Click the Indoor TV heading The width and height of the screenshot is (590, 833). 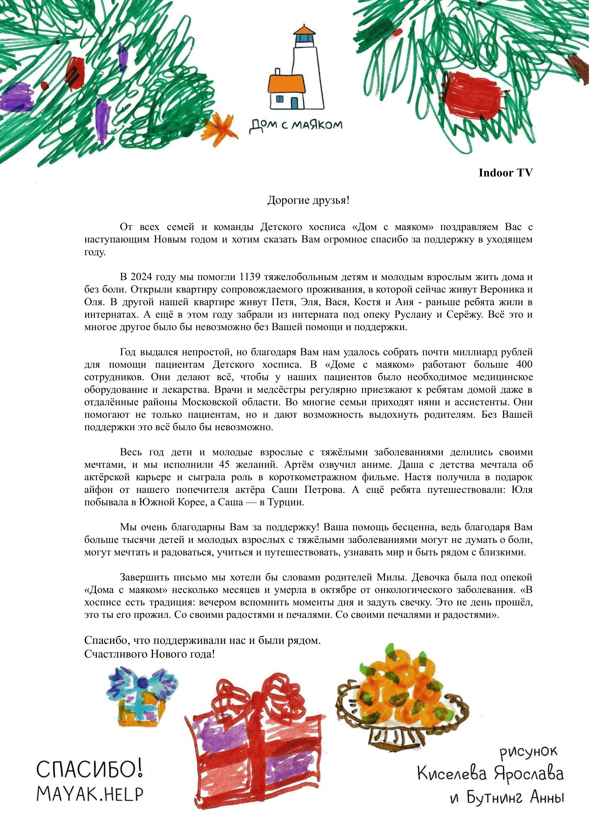click(x=506, y=173)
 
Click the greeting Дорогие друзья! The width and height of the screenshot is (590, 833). click(x=309, y=201)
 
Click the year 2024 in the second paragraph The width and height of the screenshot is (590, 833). click(x=141, y=277)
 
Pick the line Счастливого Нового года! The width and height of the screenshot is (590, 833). click(x=150, y=655)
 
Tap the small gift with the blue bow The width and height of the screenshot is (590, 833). click(x=142, y=699)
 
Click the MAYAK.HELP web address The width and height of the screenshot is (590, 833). click(x=90, y=795)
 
